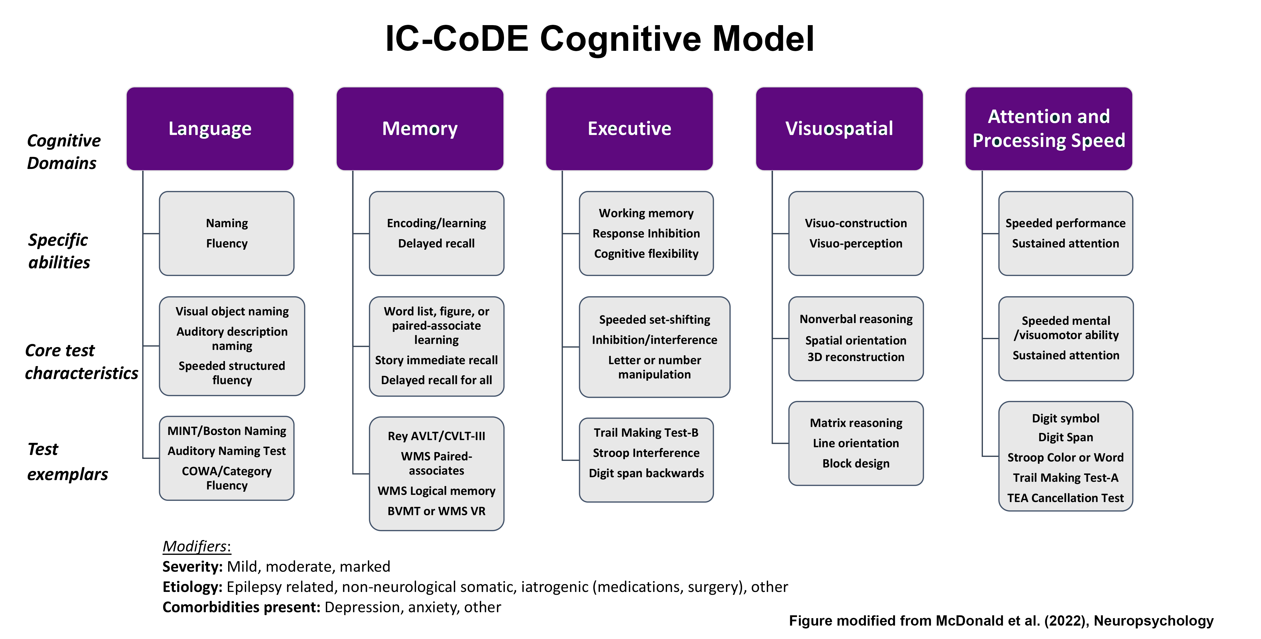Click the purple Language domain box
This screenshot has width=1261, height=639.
tap(210, 129)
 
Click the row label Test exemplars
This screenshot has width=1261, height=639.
tap(67, 461)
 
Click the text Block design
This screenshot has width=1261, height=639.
tap(856, 463)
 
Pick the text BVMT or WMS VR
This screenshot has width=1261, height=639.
tap(436, 511)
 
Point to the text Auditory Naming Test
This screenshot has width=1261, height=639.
tap(227, 451)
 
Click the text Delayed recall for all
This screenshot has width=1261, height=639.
tap(436, 380)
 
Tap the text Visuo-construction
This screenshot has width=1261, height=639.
tap(856, 223)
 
